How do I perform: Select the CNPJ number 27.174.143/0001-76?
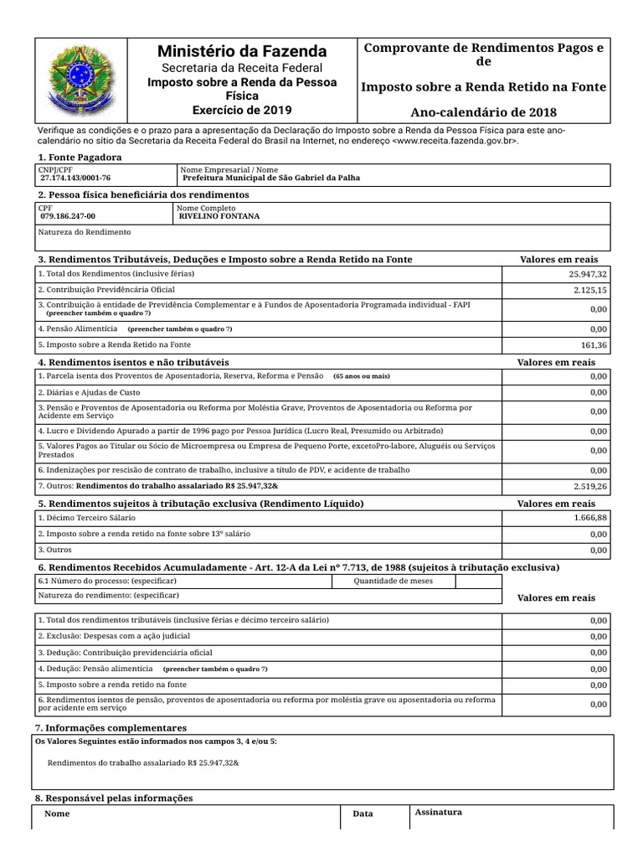75,178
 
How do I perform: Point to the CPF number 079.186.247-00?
68,216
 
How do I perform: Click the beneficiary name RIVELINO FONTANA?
219,216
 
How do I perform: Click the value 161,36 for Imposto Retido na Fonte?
593,345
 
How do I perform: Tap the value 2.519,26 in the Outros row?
589,486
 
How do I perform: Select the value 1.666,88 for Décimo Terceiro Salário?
588,519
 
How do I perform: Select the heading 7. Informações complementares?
111,728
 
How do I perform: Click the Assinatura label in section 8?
438,812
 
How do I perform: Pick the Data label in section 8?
363,814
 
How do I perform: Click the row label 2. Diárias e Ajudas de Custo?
90,392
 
